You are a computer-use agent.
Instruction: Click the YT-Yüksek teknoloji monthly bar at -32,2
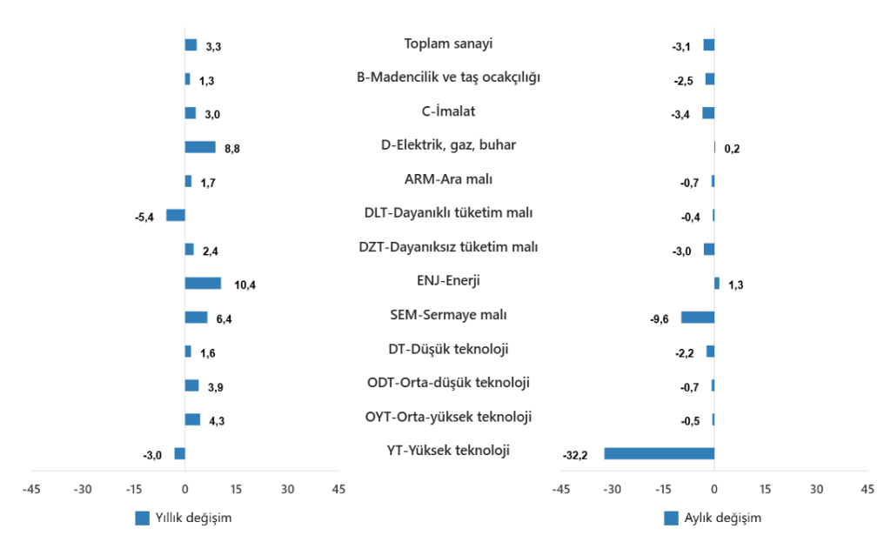[659, 453]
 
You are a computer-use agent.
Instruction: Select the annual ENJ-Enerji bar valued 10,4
[203, 283]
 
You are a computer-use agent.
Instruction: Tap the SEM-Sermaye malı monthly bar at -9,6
[697, 317]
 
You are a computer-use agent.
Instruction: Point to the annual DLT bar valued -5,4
[175, 215]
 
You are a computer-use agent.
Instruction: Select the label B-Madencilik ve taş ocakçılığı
[448, 77]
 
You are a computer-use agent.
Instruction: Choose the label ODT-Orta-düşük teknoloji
[448, 383]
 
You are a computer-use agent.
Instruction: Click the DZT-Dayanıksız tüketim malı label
[448, 247]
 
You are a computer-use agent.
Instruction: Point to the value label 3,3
[214, 46]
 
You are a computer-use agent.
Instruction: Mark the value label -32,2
[576, 455]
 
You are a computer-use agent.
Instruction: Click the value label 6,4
[224, 319]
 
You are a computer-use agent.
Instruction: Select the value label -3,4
[682, 114]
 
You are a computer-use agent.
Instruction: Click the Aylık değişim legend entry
[713, 518]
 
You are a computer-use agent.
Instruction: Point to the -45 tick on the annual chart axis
[32, 490]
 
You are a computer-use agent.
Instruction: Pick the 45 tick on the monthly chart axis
[867, 490]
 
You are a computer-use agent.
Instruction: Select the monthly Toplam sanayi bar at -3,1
[708, 44]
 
